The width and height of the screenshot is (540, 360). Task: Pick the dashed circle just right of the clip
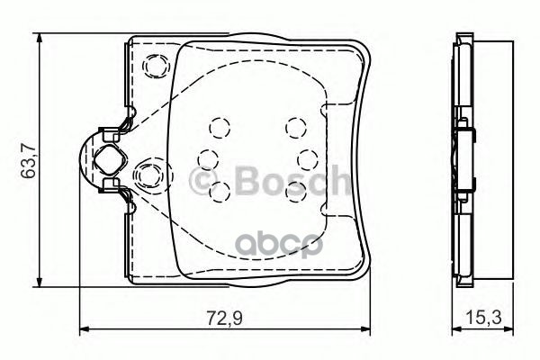[x=146, y=172]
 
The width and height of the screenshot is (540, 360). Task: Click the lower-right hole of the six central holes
[x=295, y=188]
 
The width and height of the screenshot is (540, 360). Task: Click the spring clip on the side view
[x=466, y=161]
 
